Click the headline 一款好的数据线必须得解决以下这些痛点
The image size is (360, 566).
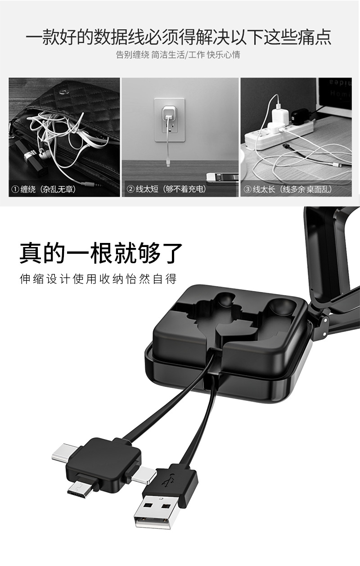pyautogui.click(x=179, y=37)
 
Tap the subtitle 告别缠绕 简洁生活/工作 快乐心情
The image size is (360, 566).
pyautogui.click(x=178, y=54)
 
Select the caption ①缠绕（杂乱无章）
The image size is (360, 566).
pyautogui.click(x=44, y=189)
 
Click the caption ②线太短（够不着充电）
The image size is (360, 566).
pyautogui.click(x=166, y=189)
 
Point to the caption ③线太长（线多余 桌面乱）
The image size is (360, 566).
pyautogui.click(x=288, y=189)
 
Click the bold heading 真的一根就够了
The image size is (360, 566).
pyautogui.click(x=101, y=253)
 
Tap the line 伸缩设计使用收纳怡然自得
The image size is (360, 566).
pyautogui.click(x=98, y=279)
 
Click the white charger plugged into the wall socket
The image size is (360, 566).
pyautogui.click(x=168, y=113)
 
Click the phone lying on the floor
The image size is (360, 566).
pyautogui.click(x=222, y=177)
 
